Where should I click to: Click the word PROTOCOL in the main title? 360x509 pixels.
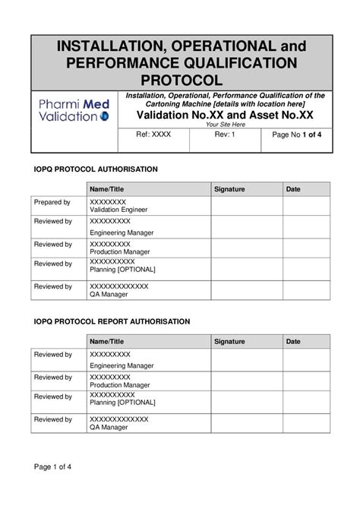[181, 80]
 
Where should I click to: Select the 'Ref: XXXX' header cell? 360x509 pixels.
[153, 134]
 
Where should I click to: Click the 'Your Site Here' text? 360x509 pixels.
[226, 124]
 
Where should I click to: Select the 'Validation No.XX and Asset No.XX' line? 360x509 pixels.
[225, 114]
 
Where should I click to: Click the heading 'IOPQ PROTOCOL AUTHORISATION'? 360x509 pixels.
[95, 169]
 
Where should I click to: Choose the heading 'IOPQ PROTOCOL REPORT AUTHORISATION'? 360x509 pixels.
[111, 321]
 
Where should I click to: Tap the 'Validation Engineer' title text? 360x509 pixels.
[118, 210]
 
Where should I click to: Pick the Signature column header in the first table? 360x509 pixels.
[229, 188]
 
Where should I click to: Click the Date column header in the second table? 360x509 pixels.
[293, 342]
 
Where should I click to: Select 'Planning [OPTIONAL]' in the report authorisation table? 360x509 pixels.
[122, 402]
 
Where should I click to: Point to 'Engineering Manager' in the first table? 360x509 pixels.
[122, 232]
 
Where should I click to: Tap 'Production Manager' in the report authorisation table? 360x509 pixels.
[119, 385]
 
